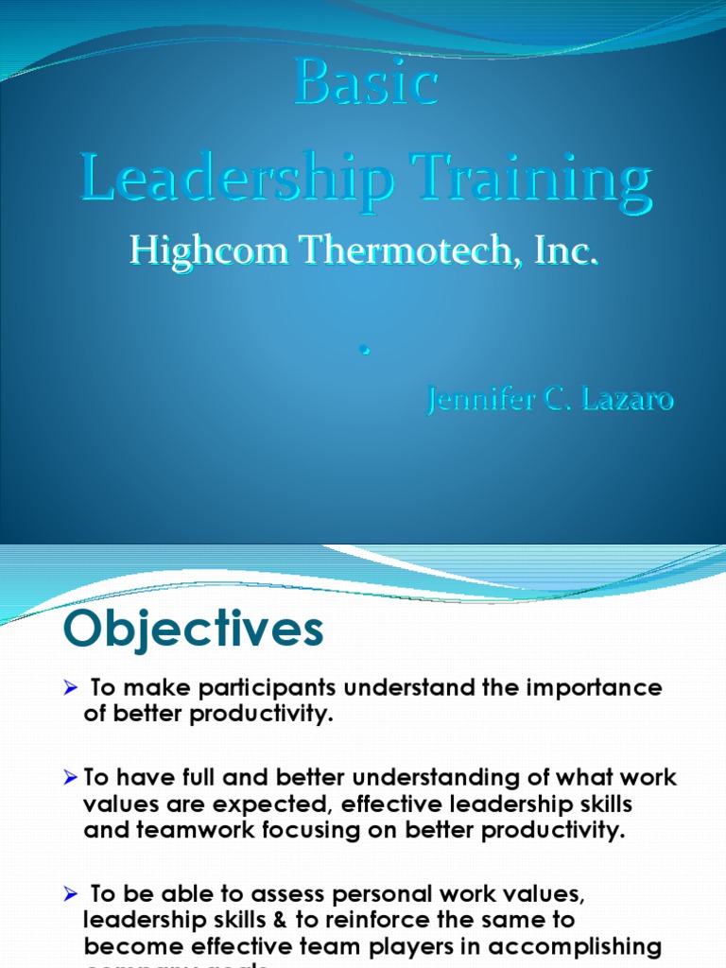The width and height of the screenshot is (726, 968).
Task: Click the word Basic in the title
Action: (366, 84)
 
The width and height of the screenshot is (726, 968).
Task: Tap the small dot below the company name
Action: (363, 351)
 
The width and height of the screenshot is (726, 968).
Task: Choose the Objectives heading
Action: (193, 629)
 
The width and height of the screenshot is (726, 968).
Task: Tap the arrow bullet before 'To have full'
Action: (72, 778)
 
